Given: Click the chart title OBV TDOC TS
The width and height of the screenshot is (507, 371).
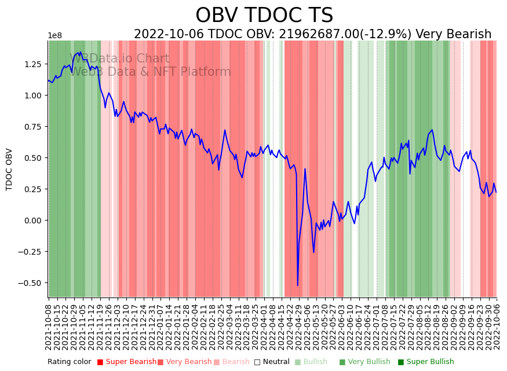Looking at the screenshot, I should (x=264, y=16).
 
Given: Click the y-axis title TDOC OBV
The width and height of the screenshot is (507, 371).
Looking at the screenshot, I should (x=9, y=170).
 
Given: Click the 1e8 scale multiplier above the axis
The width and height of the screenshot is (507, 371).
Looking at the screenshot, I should (x=54, y=36).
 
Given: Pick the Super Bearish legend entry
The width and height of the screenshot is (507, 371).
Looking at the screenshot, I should (x=126, y=362).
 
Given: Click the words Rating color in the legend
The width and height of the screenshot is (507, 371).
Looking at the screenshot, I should (x=69, y=362).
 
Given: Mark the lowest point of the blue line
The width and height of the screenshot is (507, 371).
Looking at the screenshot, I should (x=298, y=285).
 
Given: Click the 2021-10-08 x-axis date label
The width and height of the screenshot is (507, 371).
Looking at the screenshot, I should (x=49, y=325).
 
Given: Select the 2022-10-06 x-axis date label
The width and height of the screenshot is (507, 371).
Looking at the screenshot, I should (x=497, y=325).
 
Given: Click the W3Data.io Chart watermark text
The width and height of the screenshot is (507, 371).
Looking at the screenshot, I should (x=119, y=58).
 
